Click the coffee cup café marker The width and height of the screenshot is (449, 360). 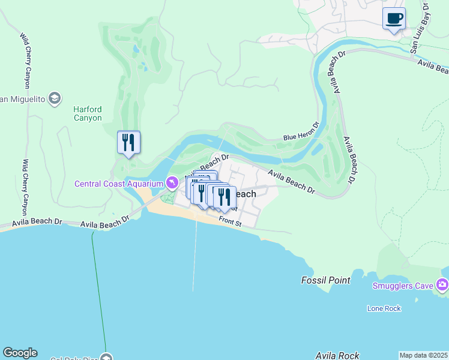(x=394, y=19)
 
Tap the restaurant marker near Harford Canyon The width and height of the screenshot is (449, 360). (x=128, y=143)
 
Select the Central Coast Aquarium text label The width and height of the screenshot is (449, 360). (x=119, y=183)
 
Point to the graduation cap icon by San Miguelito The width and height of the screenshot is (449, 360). (x=55, y=98)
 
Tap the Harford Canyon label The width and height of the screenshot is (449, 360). (x=88, y=113)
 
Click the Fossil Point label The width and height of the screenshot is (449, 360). (x=324, y=280)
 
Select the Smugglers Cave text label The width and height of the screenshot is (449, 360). (x=402, y=286)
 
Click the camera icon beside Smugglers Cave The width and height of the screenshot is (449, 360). (x=442, y=284)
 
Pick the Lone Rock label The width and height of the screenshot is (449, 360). (x=384, y=308)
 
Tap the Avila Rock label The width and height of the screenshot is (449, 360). (x=335, y=356)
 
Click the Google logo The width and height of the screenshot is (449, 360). (x=20, y=353)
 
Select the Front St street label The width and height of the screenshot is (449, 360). (x=229, y=222)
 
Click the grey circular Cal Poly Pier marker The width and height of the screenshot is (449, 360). (x=107, y=356)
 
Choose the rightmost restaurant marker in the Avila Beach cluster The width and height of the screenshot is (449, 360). (x=224, y=197)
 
